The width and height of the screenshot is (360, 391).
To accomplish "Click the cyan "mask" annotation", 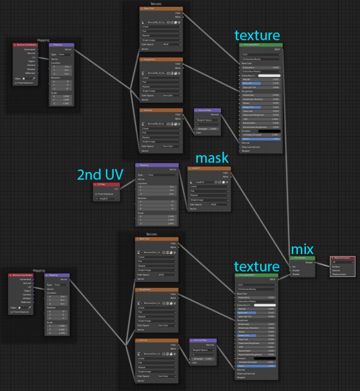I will (x=212, y=158).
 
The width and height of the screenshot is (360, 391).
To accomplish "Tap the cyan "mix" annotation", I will (x=302, y=249).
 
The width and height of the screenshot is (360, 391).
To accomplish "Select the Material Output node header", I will (x=345, y=258).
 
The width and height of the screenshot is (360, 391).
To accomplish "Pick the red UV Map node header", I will (x=107, y=184).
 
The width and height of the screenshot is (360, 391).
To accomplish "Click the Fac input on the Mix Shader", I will (x=290, y=266).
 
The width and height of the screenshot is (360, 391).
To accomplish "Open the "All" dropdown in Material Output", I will (x=345, y=262).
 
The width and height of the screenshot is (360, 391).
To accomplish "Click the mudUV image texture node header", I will (x=209, y=168).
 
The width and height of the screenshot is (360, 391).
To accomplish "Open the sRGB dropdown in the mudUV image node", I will (x=220, y=205).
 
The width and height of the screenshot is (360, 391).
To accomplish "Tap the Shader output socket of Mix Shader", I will (x=315, y=262).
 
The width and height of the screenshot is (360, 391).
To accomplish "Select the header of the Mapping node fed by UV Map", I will (x=157, y=165).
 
